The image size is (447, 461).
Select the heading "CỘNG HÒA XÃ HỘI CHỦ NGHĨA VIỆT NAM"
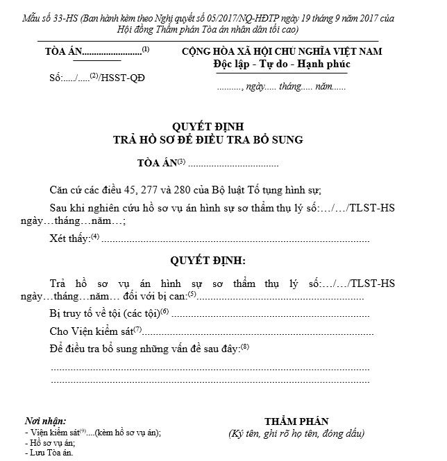pyautogui.click(x=282, y=52)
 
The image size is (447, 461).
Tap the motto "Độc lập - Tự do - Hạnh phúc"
pyautogui.click(x=282, y=64)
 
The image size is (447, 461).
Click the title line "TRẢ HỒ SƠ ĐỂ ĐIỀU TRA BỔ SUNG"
pyautogui.click(x=208, y=139)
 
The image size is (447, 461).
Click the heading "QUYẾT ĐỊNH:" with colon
pyautogui.click(x=208, y=261)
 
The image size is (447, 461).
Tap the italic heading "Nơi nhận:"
pyautogui.click(x=45, y=421)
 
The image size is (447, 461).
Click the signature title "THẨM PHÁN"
pyautogui.click(x=296, y=421)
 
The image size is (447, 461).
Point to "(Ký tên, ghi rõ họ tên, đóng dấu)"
pyautogui.click(x=296, y=434)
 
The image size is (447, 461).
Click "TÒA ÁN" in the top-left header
pyautogui.click(x=63, y=52)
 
